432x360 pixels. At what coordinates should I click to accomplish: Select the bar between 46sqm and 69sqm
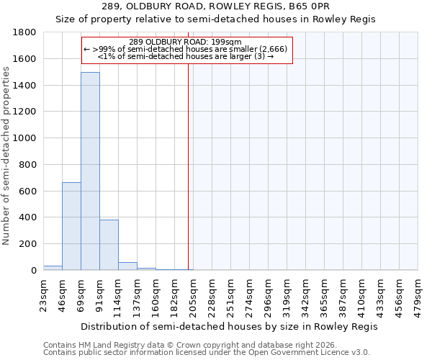coord(71,226)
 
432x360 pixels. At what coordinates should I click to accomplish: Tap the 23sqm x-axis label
coord(43,294)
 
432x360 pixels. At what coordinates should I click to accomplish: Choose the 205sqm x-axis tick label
coord(193,295)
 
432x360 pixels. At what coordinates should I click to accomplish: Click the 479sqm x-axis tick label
coord(418,295)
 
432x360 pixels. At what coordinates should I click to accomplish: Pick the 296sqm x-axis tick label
coord(268,295)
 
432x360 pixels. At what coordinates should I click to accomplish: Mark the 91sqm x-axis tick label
coord(99,294)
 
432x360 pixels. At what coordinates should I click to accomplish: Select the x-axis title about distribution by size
coord(230,326)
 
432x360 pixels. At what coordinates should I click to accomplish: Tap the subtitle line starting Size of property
coord(215,19)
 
